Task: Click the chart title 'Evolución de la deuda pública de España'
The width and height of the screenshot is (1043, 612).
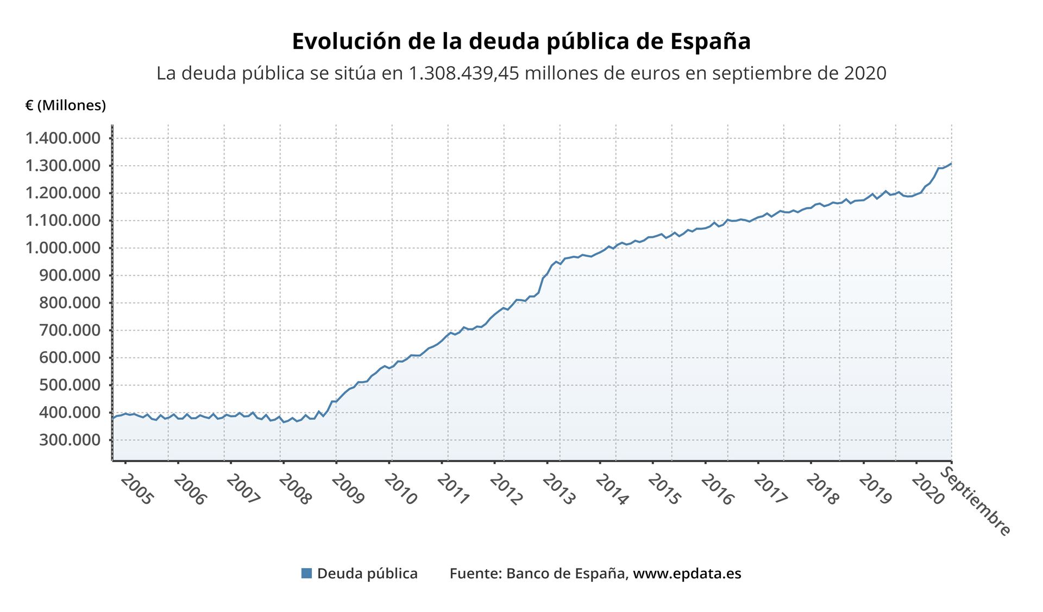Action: pos(521,41)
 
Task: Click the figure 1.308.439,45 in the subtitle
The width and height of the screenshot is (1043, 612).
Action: pos(463,73)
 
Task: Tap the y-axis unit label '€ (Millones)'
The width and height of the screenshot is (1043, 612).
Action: pos(66,105)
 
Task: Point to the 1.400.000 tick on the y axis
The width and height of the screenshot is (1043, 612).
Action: pos(63,138)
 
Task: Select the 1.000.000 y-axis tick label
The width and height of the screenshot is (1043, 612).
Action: pos(63,248)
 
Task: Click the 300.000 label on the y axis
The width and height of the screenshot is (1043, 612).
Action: pos(70,439)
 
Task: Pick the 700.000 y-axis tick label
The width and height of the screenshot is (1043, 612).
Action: pos(70,330)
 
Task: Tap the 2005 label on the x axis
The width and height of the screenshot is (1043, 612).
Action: pos(137,489)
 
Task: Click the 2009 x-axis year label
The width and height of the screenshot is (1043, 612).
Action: pos(348,489)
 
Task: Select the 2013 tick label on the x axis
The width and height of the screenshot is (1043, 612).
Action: pos(558,489)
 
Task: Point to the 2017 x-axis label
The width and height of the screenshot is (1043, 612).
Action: pos(770,489)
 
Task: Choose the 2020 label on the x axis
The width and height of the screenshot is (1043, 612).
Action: pos(928,489)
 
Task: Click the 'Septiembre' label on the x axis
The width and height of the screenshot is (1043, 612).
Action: pos(975,502)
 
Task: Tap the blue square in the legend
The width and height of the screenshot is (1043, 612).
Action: pos(306,573)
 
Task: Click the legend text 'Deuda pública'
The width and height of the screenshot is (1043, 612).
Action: pos(367,573)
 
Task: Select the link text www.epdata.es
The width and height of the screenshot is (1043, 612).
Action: pos(687,573)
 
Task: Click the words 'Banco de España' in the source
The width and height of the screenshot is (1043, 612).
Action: pos(565,573)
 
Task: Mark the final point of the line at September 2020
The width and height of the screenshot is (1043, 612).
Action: pos(951,163)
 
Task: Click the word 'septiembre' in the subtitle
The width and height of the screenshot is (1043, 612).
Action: pos(755,73)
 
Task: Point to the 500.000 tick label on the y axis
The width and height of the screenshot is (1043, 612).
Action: pos(70,384)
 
